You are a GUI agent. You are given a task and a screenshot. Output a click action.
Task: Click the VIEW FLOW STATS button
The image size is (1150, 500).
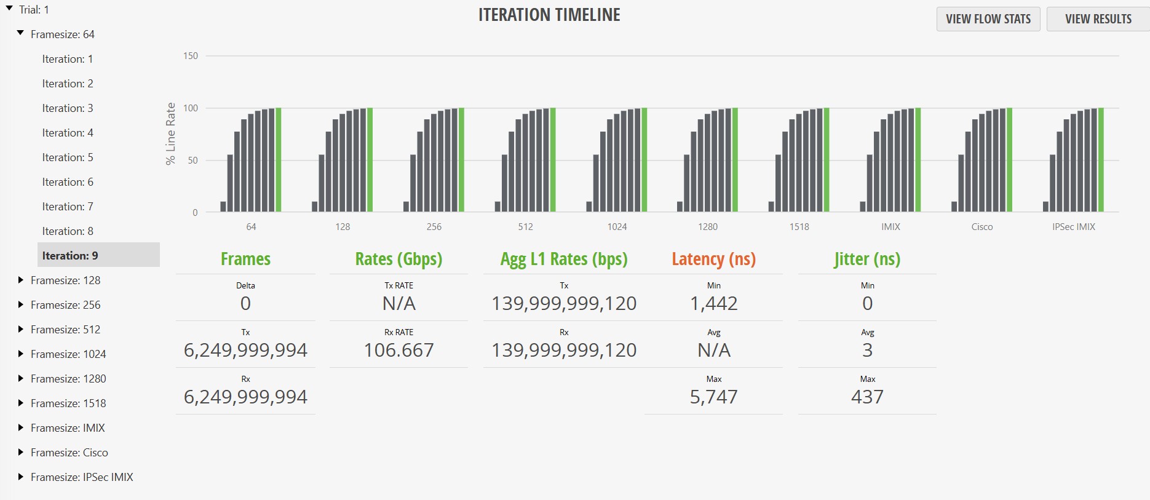[x=988, y=19]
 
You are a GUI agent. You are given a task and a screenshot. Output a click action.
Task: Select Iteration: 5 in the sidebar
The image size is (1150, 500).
[x=68, y=157]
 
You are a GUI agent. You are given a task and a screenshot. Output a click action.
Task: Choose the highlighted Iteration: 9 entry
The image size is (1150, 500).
[x=70, y=255]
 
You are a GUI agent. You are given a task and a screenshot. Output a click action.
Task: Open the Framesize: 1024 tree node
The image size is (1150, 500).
[x=68, y=354]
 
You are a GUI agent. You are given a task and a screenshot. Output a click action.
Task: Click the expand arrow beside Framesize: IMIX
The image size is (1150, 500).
[x=21, y=427]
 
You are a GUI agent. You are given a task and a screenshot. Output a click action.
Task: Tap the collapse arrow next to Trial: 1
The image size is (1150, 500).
[x=9, y=9]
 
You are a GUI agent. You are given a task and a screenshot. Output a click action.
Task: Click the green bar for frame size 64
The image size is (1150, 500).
[x=279, y=160]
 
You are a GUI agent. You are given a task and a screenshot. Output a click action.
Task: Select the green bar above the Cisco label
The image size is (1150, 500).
[x=1009, y=160]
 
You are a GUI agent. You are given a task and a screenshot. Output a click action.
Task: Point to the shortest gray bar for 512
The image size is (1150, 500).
[x=498, y=207]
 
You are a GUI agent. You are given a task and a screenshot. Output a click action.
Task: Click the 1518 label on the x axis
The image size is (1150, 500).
[x=799, y=227]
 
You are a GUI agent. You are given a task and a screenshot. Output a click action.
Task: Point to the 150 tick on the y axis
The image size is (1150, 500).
[x=191, y=56]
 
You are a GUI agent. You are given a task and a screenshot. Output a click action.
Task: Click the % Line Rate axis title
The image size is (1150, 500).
[x=170, y=133]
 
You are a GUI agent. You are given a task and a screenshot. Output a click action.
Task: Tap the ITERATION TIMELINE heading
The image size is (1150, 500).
[x=549, y=15]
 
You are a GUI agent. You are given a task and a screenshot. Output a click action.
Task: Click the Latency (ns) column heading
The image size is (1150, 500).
[x=713, y=259]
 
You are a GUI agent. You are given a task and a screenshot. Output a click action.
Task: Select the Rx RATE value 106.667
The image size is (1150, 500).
[x=399, y=350]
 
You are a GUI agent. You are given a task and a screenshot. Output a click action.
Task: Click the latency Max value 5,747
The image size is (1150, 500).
[x=713, y=397]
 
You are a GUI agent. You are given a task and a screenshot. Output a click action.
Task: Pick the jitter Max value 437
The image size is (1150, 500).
[x=867, y=397]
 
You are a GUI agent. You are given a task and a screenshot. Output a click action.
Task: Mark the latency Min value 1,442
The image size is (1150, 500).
[x=713, y=303]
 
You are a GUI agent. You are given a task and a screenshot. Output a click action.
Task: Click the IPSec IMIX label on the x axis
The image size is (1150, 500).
[x=1073, y=227]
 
